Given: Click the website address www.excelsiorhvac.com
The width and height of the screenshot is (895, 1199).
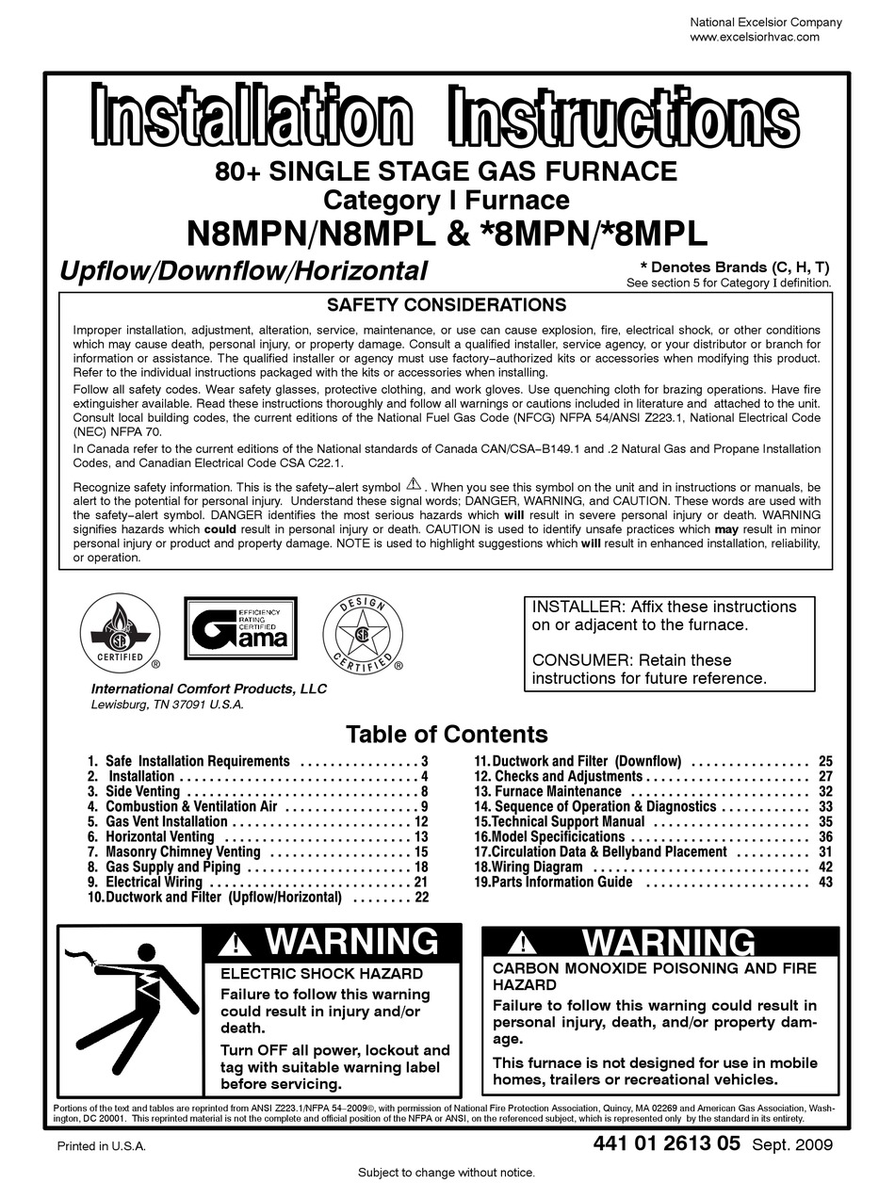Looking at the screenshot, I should point(755,38).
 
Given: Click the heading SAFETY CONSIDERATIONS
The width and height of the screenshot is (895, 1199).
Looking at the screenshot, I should point(446,305).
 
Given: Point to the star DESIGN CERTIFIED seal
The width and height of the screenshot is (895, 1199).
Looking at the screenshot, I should point(363,634).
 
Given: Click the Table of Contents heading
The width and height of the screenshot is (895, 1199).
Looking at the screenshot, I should point(447,734).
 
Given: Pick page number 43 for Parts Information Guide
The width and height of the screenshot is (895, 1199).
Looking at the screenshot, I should point(825,883).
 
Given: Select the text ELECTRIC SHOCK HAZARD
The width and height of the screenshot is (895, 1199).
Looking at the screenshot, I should point(321,974).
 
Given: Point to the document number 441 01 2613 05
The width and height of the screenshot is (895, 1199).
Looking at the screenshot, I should point(667,1144).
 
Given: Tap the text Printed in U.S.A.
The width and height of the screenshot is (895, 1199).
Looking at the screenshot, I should point(102,1147).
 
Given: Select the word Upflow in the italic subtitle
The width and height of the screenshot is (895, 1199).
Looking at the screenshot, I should point(102,271).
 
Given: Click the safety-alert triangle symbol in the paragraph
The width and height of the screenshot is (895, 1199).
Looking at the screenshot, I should point(414,486).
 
